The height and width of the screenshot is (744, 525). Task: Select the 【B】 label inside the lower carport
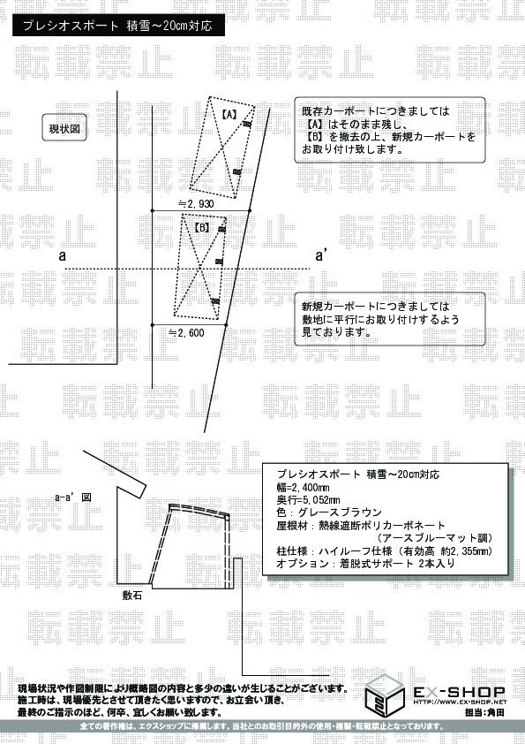pos(200,227)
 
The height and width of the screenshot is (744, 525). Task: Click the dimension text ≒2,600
pos(186,332)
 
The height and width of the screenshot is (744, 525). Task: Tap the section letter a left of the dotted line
pos(63,256)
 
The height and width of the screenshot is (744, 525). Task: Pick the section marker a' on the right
pos(323,256)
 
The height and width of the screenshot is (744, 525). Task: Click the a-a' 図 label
pos(73,497)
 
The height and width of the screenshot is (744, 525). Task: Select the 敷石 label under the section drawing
pos(133,596)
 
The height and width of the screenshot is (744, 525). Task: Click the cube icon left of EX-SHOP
pos(385,695)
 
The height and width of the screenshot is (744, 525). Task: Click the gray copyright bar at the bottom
pos(262,726)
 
